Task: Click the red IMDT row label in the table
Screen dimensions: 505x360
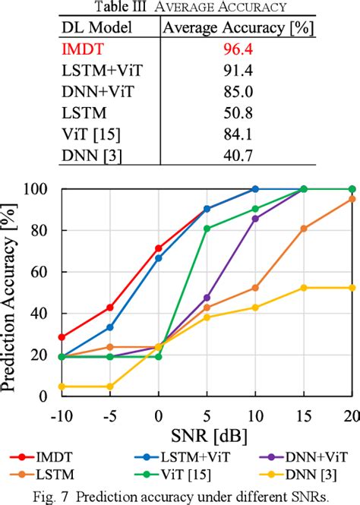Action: click(x=83, y=51)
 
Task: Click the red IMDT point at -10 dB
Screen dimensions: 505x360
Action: click(x=62, y=337)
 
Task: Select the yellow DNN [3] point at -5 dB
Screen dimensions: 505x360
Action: click(x=110, y=387)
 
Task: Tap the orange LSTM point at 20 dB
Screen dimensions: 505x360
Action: click(x=352, y=199)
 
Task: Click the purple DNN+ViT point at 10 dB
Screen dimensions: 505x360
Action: click(x=255, y=219)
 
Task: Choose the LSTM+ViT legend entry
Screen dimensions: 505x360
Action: click(x=191, y=457)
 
